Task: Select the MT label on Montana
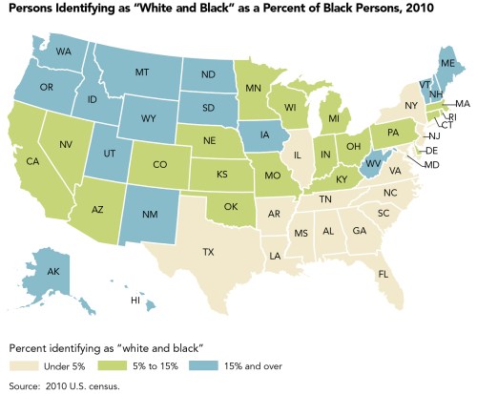(145, 73)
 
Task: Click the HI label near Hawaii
(137, 299)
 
